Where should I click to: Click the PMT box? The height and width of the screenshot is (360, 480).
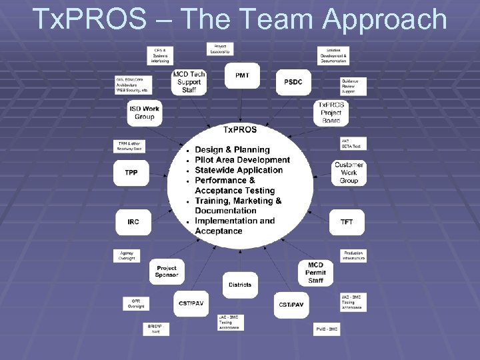(x=243, y=76)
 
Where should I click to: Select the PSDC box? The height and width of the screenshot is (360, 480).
(x=293, y=82)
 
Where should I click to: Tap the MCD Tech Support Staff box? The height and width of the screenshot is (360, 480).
(x=189, y=83)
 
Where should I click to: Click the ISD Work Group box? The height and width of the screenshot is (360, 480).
(x=144, y=113)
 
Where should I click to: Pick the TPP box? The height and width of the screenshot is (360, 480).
(x=131, y=173)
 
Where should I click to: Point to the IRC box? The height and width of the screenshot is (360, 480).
(x=133, y=221)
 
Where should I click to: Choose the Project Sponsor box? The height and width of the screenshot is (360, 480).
(x=167, y=271)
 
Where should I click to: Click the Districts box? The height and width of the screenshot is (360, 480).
(x=240, y=285)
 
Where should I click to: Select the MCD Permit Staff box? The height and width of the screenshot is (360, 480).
(x=315, y=273)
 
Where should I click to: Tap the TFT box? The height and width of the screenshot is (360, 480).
(x=347, y=221)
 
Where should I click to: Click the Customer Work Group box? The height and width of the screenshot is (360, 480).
(x=349, y=173)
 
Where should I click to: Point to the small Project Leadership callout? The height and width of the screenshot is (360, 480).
(x=219, y=49)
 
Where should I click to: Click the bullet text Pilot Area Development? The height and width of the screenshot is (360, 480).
(x=242, y=160)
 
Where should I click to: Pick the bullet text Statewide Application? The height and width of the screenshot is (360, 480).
(x=239, y=170)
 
